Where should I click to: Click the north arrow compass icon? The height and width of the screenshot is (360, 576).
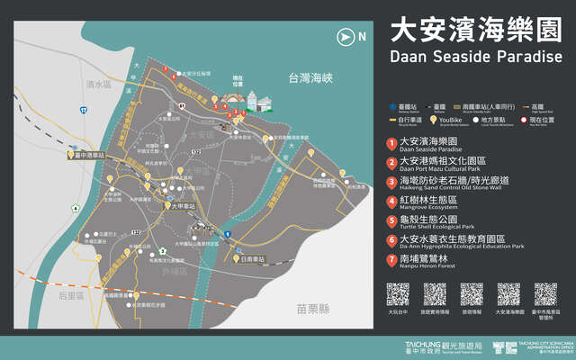click(345, 37)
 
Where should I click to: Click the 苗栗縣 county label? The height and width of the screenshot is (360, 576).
click(315, 309)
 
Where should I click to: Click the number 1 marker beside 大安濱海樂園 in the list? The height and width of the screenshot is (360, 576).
click(391, 143)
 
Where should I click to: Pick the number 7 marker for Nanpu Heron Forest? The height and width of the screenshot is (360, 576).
click(391, 260)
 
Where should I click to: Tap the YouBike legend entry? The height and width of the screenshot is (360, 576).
click(465, 121)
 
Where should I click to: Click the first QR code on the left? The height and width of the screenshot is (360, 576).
click(398, 294)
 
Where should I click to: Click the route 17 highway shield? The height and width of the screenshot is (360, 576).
click(84, 110)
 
